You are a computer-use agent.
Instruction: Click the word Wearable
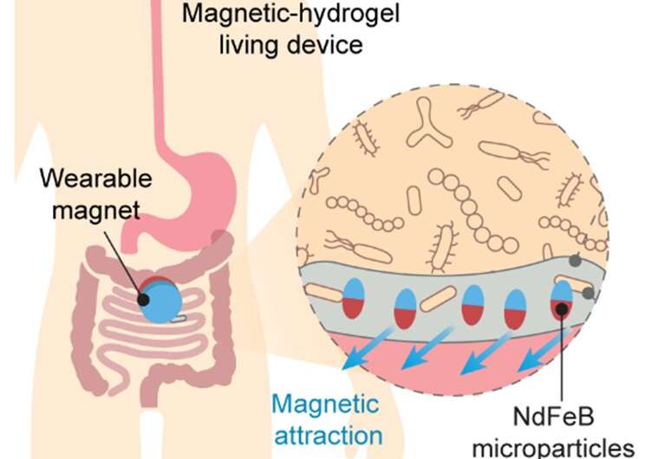pos(96,178)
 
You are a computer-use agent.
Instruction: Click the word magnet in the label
pos(96,210)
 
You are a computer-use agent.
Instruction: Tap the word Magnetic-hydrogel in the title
pos(290,13)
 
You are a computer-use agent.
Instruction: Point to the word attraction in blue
pos(328,436)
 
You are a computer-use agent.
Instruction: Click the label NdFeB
pos(554,417)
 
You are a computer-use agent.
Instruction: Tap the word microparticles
pos(553,448)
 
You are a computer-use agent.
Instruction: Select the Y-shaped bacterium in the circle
pos(428,124)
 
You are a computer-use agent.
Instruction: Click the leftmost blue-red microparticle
pos(353,298)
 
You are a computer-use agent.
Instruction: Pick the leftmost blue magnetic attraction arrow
pos(368,349)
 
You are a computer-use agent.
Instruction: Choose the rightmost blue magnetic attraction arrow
pos(543,351)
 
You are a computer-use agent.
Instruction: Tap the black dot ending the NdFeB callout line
pos(562,309)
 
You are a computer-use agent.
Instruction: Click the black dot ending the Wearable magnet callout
pos(143,300)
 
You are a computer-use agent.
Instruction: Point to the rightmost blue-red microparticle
pos(562,300)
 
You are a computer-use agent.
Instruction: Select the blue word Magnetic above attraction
pos(326,404)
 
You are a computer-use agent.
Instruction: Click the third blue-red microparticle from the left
pos(473,305)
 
